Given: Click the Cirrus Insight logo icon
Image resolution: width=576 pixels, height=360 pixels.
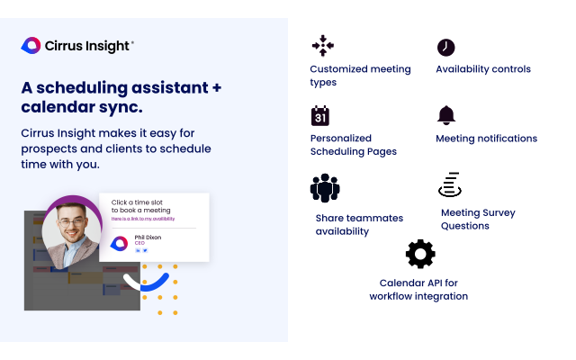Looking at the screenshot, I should (x=31, y=45).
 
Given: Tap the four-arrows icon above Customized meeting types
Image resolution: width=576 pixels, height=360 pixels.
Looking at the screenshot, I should (x=321, y=47).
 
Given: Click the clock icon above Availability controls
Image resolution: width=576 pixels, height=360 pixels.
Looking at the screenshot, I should (x=445, y=47).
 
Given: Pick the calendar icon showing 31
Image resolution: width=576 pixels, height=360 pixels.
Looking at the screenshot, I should (x=320, y=116).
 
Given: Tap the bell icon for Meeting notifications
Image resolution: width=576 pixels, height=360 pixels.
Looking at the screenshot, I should (x=445, y=115).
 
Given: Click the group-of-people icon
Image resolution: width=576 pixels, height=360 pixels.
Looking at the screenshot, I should (x=325, y=188).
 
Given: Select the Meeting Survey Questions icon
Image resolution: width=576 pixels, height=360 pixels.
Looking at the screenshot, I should (x=449, y=185).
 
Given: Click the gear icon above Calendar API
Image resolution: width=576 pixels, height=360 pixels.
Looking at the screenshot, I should (x=420, y=255).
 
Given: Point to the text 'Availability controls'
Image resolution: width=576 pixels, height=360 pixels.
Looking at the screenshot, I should (x=483, y=69).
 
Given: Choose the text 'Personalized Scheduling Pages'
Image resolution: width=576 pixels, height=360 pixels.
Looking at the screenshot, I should (x=354, y=145).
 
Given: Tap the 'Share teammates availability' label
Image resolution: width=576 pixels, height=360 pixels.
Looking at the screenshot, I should (x=359, y=224).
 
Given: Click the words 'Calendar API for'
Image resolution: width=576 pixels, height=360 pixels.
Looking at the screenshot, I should (x=418, y=282).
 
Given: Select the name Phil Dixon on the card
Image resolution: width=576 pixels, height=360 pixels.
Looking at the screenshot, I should (x=148, y=238).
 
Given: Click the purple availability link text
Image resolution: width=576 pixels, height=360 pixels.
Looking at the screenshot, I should (x=143, y=219).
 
